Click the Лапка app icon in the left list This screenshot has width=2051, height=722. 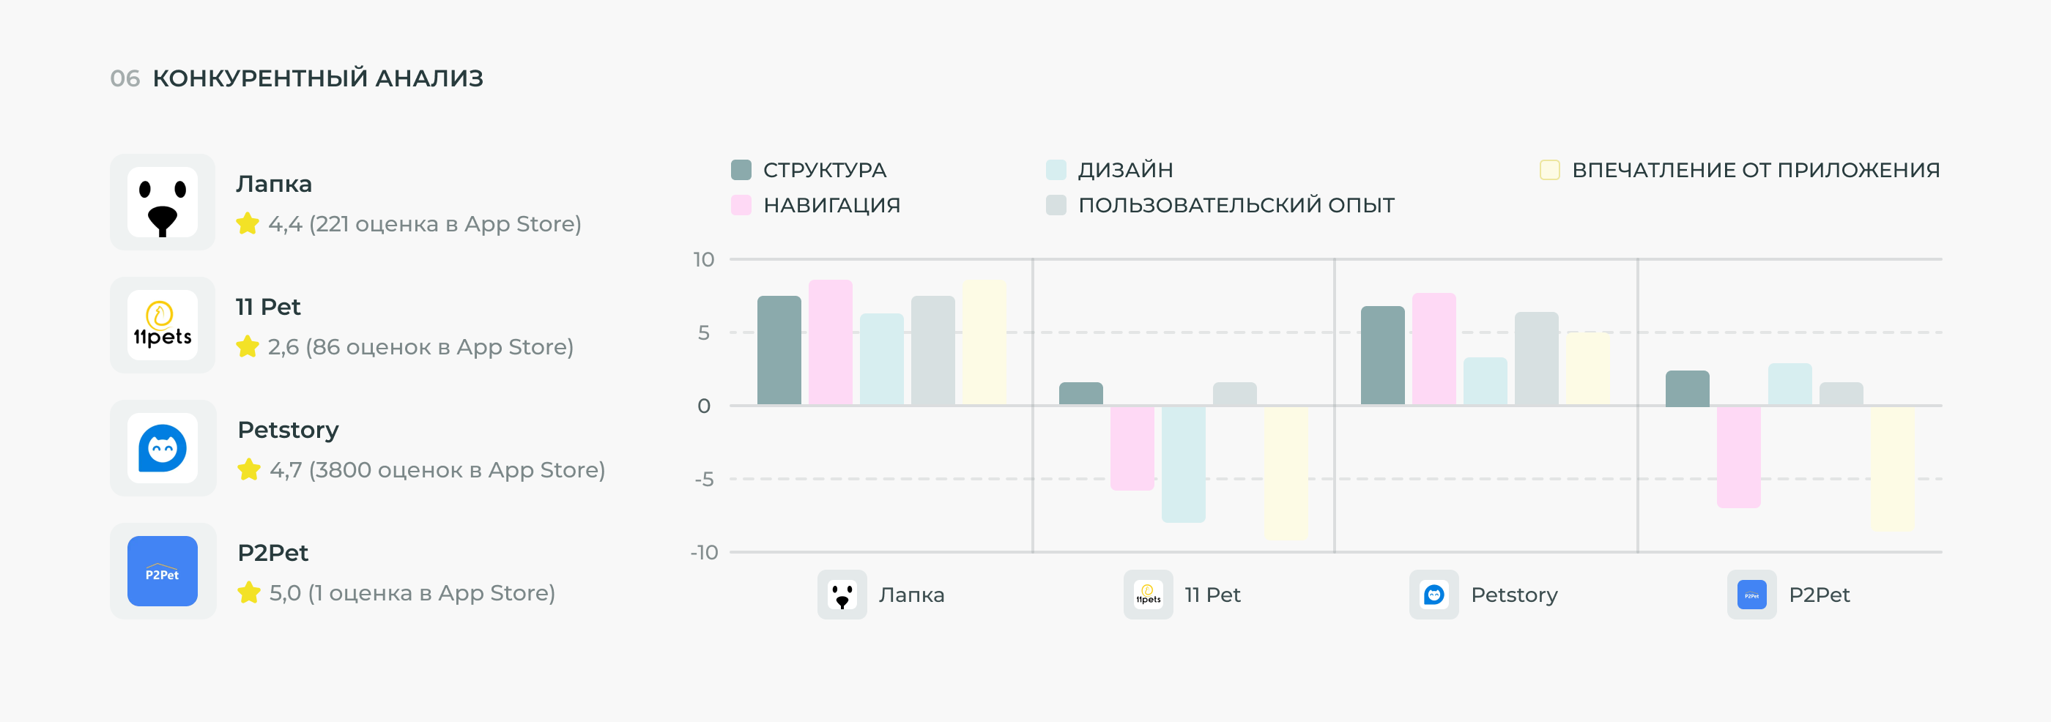pos(163,202)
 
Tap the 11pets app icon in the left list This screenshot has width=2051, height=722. pos(163,325)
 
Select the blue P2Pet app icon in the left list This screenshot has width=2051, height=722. pos(163,570)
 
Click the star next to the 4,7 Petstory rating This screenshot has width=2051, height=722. pos(249,469)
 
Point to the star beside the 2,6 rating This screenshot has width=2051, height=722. pos(248,346)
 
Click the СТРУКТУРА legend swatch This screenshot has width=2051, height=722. pos(741,170)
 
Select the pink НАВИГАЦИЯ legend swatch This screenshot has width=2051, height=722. pos(741,204)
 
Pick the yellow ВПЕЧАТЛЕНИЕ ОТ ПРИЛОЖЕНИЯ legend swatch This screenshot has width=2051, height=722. pos(1549,170)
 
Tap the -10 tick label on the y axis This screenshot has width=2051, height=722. pos(704,551)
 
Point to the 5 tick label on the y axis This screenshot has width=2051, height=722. pos(704,332)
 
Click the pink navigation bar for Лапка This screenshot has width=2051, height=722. pos(831,342)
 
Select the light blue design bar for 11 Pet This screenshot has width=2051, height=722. pos(1183,464)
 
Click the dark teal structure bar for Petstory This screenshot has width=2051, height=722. pos(1382,356)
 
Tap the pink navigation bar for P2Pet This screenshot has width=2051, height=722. pos(1739,457)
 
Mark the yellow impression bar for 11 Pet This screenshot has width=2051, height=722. pos(1286,474)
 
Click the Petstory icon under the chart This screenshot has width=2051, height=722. pos(1434,595)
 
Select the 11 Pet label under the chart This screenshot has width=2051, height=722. pos(1212,595)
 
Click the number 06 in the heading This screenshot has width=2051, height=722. pos(125,78)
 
